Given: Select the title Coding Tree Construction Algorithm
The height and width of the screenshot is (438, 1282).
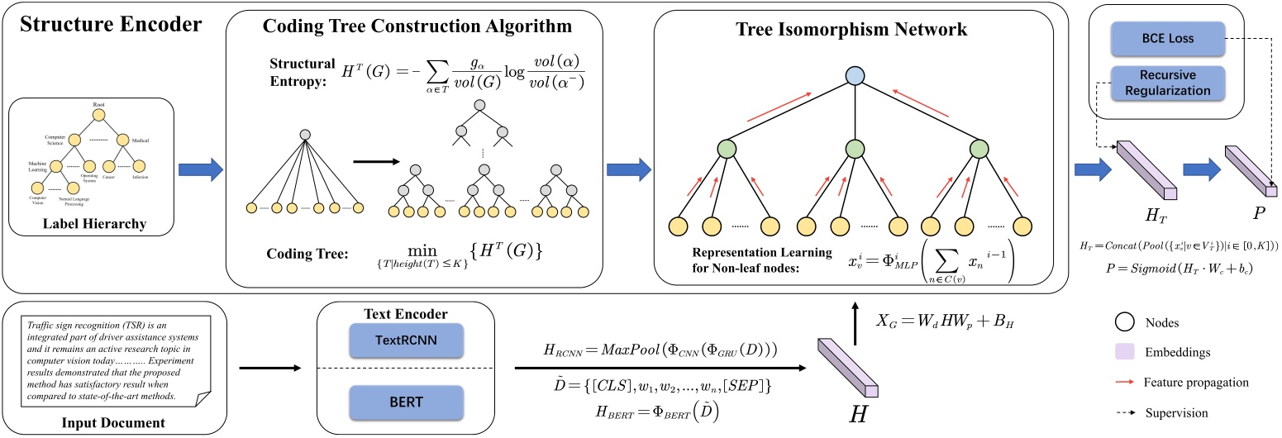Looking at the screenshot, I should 417,26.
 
